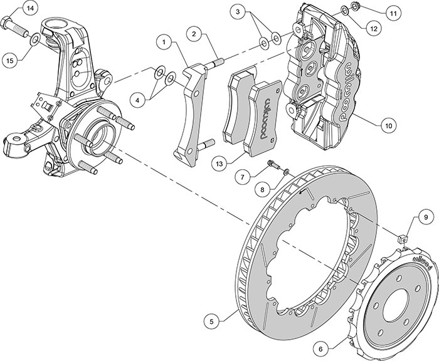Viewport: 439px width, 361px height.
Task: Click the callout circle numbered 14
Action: click(29, 8)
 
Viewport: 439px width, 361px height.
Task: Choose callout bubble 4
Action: click(136, 99)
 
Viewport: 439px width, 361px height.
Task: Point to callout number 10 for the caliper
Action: click(388, 125)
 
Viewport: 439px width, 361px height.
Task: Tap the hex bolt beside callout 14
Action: click(14, 27)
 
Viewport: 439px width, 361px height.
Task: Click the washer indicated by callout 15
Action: click(36, 41)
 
